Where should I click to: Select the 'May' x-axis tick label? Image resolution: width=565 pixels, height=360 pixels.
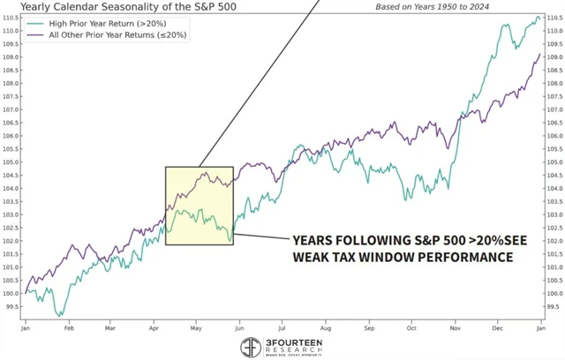click(x=196, y=327)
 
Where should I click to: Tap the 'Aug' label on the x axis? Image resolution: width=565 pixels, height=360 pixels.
click(x=326, y=327)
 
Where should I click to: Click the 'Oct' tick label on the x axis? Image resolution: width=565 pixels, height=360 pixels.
click(x=412, y=327)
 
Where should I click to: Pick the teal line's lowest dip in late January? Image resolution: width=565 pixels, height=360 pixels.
click(x=60, y=314)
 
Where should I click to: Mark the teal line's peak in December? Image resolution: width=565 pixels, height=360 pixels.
click(x=537, y=17)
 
